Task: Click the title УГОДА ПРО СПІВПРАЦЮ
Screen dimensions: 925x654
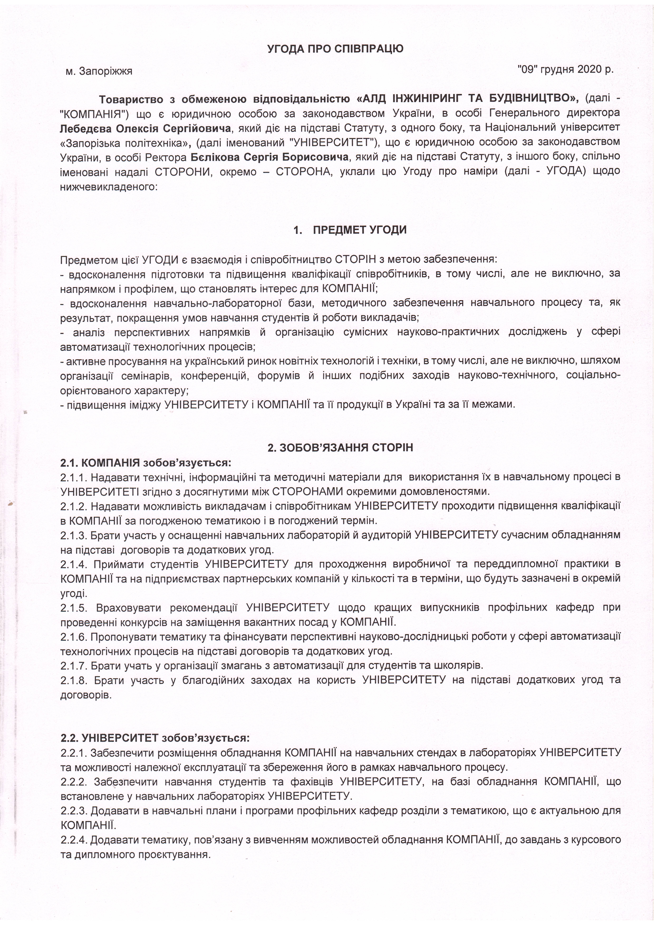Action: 335,49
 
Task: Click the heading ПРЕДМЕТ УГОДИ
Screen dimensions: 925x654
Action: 359,230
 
